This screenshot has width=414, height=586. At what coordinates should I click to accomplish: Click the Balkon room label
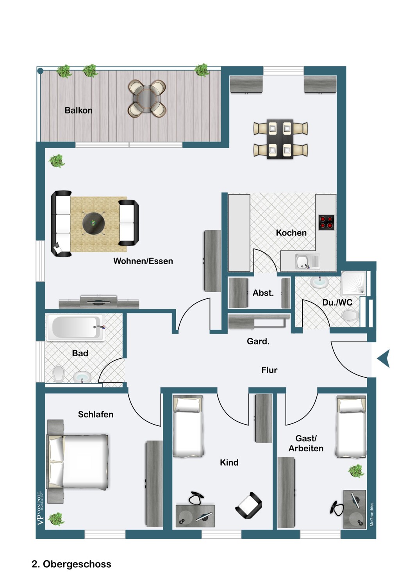tap(79, 111)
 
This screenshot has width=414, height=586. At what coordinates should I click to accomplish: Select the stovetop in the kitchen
tap(326, 222)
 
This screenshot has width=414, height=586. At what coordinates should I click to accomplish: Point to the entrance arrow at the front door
tap(384, 359)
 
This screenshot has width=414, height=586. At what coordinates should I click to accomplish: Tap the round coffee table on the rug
tap(93, 223)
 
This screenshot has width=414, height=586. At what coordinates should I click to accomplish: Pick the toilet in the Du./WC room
tap(350, 315)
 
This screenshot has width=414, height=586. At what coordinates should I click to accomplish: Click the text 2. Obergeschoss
tap(71, 564)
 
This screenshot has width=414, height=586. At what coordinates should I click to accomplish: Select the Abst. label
tap(263, 293)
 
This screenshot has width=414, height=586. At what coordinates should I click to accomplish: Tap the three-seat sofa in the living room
tap(61, 223)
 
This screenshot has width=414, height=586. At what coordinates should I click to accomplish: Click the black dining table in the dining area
tap(280, 139)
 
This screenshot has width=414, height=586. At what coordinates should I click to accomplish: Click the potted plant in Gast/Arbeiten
tap(356, 471)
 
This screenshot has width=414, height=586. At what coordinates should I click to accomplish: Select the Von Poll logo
tap(40, 508)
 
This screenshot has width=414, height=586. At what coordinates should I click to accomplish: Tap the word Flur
tap(269, 370)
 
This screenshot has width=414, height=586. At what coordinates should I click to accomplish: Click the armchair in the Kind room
tap(248, 505)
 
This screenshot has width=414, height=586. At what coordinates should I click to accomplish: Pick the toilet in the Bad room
tap(58, 374)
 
